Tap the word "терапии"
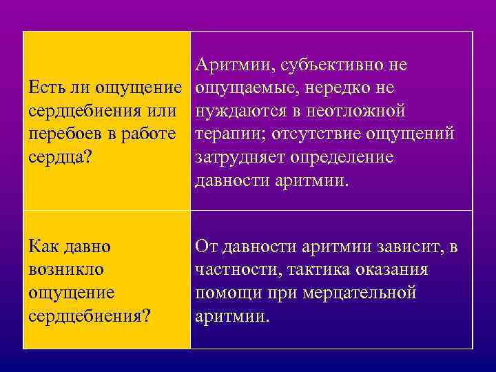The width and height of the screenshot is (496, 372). point(227,134)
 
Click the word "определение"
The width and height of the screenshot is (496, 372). point(341,157)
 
